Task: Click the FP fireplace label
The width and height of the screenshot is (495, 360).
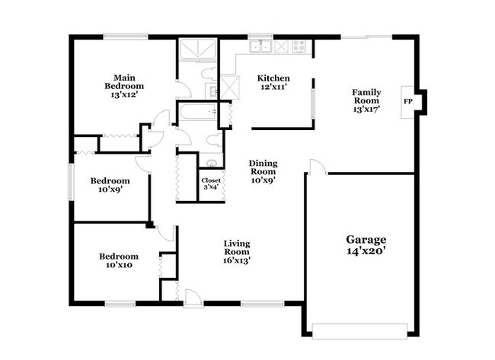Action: click(x=408, y=100)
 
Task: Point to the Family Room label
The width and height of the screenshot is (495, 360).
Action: click(x=366, y=96)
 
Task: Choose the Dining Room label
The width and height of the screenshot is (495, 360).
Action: click(x=263, y=167)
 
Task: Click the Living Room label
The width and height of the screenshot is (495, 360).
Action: click(x=237, y=248)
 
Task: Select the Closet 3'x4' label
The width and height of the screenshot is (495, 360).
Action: click(x=210, y=181)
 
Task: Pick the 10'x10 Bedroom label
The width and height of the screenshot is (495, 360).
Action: click(x=119, y=261)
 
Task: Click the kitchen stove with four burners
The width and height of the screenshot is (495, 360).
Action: click(x=299, y=46)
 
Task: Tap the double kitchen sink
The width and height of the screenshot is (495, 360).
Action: click(x=260, y=46)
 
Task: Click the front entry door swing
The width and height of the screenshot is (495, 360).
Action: click(x=193, y=298)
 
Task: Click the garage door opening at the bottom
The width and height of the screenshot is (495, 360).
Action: click(x=361, y=330)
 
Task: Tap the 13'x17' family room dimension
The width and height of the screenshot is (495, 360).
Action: click(x=366, y=109)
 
